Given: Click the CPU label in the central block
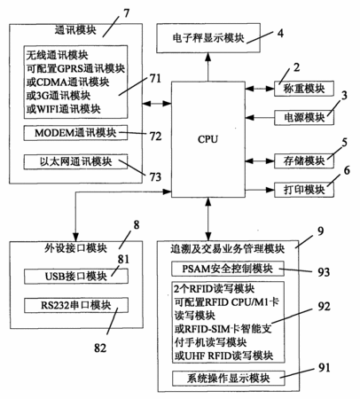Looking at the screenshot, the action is point(207,139).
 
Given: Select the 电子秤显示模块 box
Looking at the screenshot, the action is point(208,38).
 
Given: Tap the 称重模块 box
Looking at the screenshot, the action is point(304,89).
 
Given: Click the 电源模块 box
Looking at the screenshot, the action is point(304,118).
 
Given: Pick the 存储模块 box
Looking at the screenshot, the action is point(304,161).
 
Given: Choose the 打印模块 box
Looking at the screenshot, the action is point(304,190).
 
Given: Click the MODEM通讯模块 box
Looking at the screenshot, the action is point(75,133).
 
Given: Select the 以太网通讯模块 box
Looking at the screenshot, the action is point(75,161).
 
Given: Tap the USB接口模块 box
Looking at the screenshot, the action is point(76,276).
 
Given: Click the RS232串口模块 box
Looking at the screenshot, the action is point(76,305).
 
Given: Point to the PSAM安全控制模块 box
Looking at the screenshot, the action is point(228,269).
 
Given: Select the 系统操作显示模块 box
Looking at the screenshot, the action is point(228,378).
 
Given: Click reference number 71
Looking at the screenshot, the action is point(155,79).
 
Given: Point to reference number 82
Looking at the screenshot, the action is point(100,348).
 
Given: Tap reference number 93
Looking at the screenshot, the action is point(324,272).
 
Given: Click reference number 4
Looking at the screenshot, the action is point(280,33).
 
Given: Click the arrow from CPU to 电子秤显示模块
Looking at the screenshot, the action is point(208,66).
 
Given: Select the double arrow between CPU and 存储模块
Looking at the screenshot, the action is point(260,161).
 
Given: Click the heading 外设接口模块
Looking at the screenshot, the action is point(75,248).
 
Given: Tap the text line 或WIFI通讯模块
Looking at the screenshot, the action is point(63,109).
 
